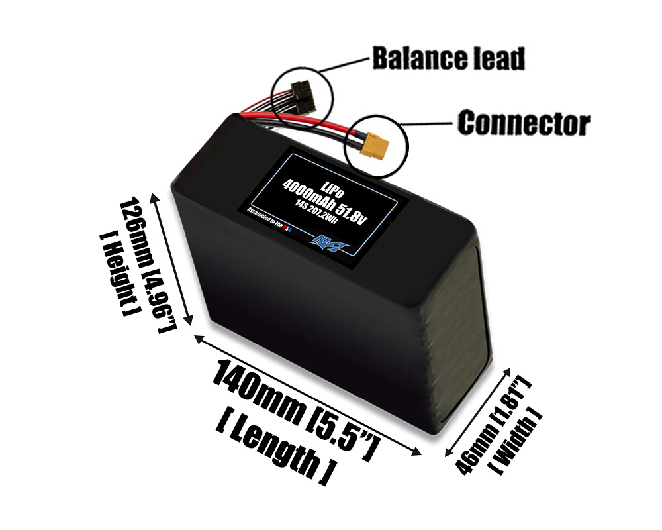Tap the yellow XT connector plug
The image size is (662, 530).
point(375,144)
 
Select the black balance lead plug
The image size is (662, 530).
point(303,95)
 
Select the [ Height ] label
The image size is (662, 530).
point(114,273)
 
